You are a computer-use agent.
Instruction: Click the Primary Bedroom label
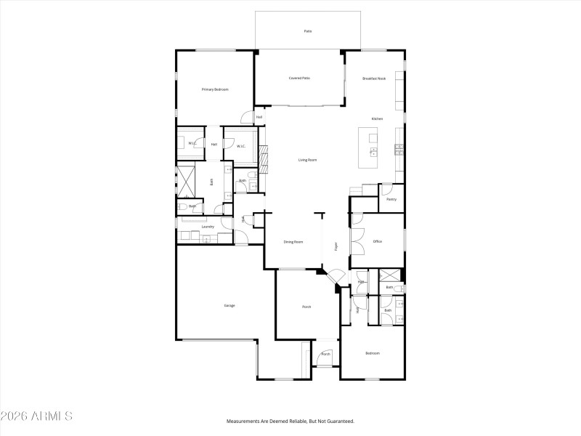[215, 89]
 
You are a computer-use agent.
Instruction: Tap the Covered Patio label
[299, 78]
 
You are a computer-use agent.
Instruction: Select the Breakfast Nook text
[375, 78]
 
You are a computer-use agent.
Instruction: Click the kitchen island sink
[373, 152]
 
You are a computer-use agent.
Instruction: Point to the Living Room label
[308, 160]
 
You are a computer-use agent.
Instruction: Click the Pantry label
[391, 199]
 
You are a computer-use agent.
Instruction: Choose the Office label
[378, 241]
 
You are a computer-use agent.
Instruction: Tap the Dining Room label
[293, 241]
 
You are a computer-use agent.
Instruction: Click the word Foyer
[336, 246]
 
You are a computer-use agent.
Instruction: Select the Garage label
[229, 305]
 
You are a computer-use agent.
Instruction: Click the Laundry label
[208, 227]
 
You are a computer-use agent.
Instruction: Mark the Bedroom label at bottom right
[373, 353]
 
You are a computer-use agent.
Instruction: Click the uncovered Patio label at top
[307, 31]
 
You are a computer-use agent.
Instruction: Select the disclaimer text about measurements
[290, 421]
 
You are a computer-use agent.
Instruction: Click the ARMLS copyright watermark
[36, 416]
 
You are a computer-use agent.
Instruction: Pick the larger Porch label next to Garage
[306, 307]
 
